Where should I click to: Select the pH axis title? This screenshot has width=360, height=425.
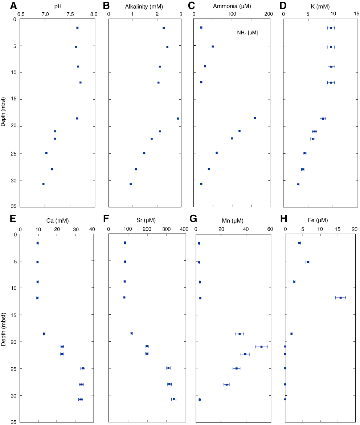coord(57,6)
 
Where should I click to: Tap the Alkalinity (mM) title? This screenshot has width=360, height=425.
coord(144,6)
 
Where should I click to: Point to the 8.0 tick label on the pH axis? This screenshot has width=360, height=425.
coord(94,14)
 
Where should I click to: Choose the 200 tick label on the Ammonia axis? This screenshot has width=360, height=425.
coord(269,14)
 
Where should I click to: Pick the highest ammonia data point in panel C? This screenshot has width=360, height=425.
coord(255,118)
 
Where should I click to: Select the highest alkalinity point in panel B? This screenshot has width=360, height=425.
coord(178,119)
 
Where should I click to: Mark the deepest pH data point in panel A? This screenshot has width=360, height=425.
coord(44,184)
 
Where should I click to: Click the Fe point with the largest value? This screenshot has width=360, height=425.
coord(340,298)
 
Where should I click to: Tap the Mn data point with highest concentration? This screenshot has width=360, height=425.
coord(261,347)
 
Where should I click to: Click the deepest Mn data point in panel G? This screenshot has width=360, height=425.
coord(200,400)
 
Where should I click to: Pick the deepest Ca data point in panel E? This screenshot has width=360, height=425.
coord(81,399)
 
